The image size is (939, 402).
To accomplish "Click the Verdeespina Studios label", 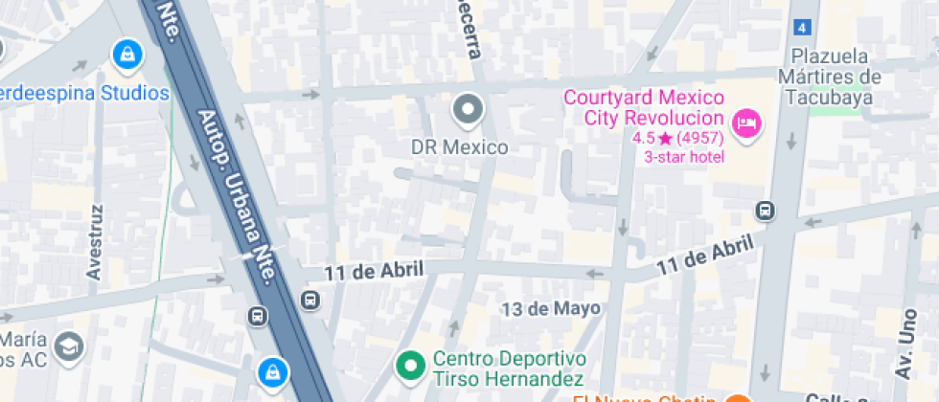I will pos(84,93).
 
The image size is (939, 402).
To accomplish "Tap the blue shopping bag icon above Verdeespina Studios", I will pos(126,55).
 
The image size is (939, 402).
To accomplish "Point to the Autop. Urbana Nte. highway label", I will pos(238,195).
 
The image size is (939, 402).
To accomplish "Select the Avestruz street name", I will pos(94,241).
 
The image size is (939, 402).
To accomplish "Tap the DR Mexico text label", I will pos(459,148).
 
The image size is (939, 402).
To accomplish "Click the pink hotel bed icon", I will pos(745,123).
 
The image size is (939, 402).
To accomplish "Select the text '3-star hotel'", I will pos(683,157).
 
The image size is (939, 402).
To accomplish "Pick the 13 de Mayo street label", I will pos(551,308).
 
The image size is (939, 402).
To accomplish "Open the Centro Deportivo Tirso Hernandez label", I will pos(508,368).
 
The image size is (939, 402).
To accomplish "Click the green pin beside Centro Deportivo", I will pos(411,365).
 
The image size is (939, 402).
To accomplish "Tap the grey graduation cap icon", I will pos(69,346).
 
